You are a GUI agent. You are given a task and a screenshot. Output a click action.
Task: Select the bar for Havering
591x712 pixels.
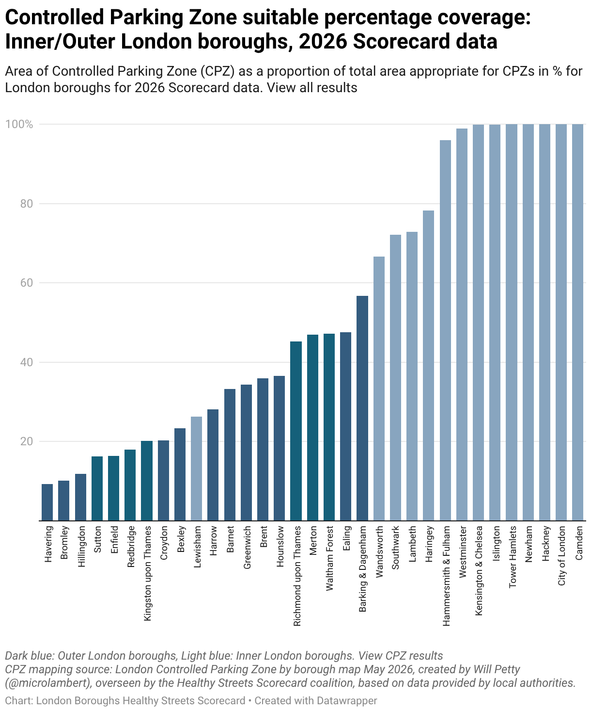[47, 502]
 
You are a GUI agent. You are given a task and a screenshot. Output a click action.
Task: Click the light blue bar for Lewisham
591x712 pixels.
[196, 469]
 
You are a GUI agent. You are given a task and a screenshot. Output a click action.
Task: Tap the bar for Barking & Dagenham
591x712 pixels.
[362, 408]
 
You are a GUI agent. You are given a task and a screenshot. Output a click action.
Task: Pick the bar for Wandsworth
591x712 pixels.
[379, 388]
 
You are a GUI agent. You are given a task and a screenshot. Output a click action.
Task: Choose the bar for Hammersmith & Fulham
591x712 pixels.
[445, 330]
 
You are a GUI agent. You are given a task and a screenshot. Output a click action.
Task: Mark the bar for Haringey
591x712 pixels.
[429, 366]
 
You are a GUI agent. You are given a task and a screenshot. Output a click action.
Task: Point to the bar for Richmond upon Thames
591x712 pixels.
[295, 431]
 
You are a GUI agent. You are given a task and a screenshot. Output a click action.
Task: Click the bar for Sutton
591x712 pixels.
[97, 488]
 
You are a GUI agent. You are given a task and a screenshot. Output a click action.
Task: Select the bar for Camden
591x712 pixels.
[578, 322]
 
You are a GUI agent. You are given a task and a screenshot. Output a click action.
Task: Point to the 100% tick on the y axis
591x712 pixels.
[19, 125]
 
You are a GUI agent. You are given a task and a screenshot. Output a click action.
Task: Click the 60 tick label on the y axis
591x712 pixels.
[27, 283]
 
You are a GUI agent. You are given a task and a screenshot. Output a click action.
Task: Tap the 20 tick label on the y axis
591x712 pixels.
[27, 441]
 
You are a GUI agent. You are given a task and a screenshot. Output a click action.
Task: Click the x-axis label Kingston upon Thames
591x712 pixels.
[147, 574]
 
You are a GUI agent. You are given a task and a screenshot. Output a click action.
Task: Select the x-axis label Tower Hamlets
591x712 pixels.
[513, 557]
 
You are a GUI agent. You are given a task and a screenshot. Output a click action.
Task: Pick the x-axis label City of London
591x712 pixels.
[561, 556]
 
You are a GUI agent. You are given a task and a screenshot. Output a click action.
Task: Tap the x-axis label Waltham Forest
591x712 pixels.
[329, 559]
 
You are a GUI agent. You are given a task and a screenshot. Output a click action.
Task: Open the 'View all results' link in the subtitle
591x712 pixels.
[312, 88]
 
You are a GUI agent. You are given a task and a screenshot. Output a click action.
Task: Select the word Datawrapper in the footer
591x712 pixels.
[347, 700]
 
